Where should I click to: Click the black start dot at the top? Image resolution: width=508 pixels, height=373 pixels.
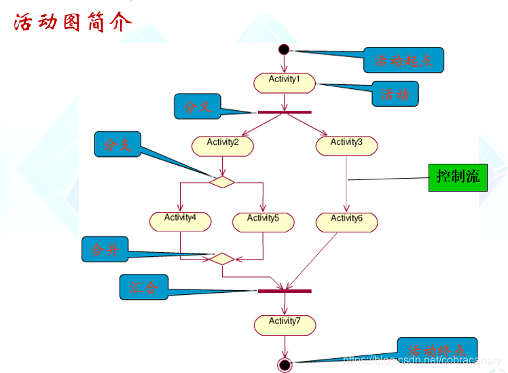pyautogui.click(x=284, y=50)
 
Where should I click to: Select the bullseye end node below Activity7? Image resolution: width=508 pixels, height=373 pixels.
pyautogui.click(x=285, y=365)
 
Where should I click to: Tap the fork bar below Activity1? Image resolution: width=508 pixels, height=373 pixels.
pyautogui.click(x=285, y=111)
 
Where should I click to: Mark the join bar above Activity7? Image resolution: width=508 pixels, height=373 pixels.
pyautogui.click(x=285, y=291)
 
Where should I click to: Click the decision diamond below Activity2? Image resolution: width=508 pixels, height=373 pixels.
pyautogui.click(x=222, y=181)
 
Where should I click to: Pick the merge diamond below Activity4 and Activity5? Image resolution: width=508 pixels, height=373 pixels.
pyautogui.click(x=222, y=259)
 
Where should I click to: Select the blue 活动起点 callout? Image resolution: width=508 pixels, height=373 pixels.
pyautogui.click(x=403, y=60)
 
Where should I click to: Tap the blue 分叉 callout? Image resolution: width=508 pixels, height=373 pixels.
pyautogui.click(x=197, y=106)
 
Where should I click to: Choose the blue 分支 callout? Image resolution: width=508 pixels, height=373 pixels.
pyautogui.click(x=117, y=144)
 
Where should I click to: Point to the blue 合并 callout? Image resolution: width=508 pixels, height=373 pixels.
pyautogui.click(x=105, y=249)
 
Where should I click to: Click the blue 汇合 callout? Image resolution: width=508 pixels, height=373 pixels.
pyautogui.click(x=143, y=287)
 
